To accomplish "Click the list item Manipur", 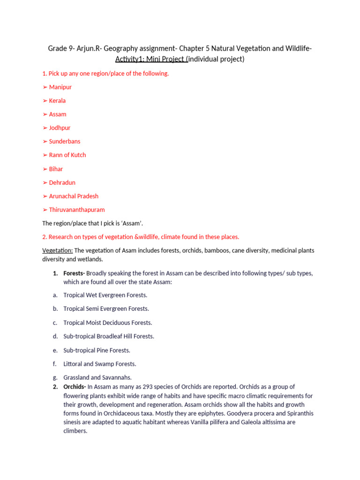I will pos(60,87).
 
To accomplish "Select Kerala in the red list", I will pos(57,101).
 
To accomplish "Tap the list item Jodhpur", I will pos(60,128).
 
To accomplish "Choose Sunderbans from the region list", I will pos(64,142).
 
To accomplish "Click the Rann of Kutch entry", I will pos(67,155).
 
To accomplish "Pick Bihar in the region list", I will pos(56,169).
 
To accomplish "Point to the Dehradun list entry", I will pos(62,182).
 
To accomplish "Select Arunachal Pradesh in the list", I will pos(74,196).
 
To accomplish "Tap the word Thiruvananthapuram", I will pos(76,210).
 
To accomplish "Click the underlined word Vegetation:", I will pos(57,250).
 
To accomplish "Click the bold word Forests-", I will pos(74,273).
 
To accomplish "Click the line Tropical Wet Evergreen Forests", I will pos(105,295).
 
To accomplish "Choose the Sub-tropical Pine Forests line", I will pos(97,350).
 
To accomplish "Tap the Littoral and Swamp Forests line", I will pos(99,364).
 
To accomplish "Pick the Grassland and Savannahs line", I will pos(97,377).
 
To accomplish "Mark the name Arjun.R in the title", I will pos(89,49).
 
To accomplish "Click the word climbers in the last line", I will pos(75,431).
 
